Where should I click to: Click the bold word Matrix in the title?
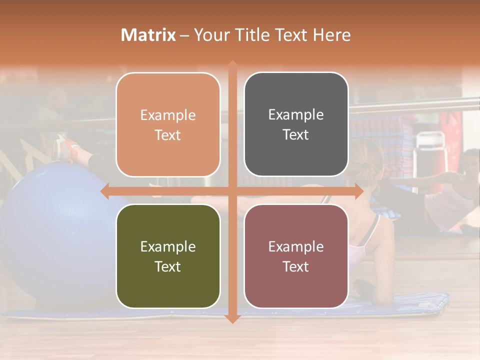[x=148, y=35]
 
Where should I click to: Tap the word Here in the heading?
[x=331, y=35]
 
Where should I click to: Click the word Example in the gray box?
[x=296, y=114]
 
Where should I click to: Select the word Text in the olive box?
[x=168, y=266]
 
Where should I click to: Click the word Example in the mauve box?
[x=296, y=246]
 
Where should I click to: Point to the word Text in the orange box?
[x=168, y=135]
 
